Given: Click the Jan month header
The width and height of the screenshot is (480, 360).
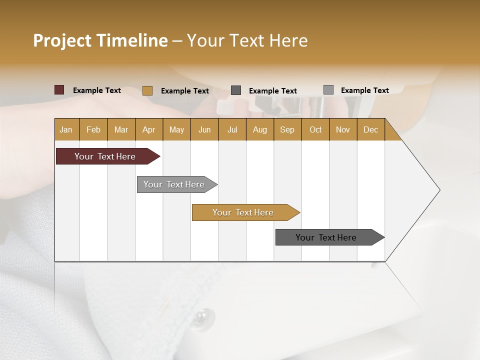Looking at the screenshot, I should (x=66, y=129).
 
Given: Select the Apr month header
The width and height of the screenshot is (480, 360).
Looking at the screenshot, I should (x=149, y=129).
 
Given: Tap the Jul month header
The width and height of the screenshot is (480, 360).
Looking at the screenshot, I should (x=232, y=129).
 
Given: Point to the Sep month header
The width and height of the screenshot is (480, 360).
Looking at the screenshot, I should (x=287, y=129).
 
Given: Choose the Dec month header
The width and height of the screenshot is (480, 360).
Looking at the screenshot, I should (x=370, y=129).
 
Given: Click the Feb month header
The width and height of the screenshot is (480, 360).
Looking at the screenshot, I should (x=93, y=129).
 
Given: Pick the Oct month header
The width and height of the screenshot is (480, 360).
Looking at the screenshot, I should (x=315, y=129).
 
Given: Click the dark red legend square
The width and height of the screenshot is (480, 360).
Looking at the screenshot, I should (x=59, y=90).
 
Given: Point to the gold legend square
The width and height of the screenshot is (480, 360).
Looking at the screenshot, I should (x=147, y=90).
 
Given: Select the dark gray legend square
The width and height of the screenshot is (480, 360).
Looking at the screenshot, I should (x=236, y=90).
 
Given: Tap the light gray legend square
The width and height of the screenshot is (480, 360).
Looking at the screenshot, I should (x=328, y=90).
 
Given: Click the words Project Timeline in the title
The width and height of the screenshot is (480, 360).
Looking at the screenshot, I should (x=100, y=40).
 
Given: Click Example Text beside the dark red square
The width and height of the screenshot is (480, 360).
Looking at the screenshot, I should (x=97, y=90).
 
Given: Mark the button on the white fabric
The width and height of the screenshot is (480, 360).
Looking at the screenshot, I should (x=201, y=316).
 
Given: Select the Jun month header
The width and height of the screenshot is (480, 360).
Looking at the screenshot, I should (x=204, y=129).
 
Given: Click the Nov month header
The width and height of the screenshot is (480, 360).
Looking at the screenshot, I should (x=343, y=129).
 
